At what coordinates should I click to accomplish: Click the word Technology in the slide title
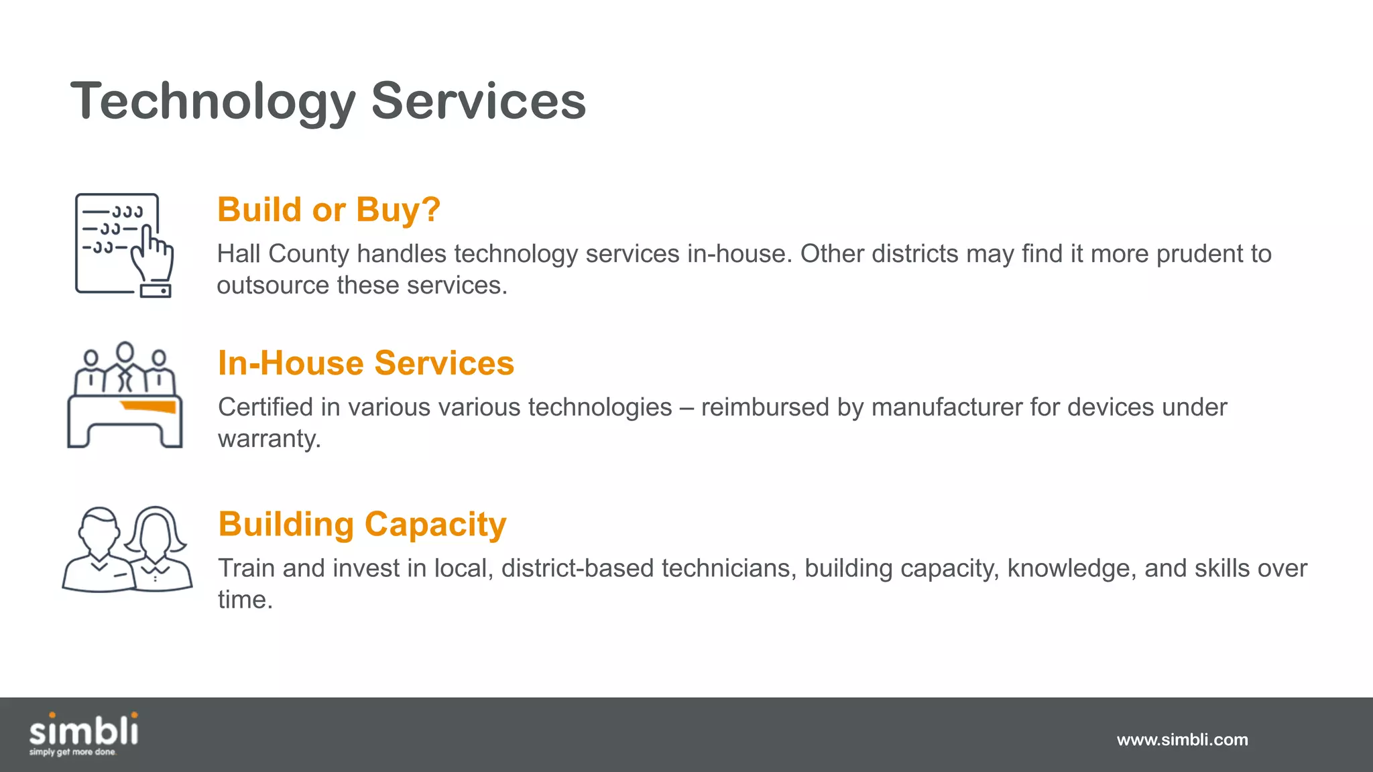(213, 102)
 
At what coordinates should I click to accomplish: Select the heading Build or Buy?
(329, 210)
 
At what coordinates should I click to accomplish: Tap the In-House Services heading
(365, 363)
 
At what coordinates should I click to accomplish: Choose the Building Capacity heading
(362, 524)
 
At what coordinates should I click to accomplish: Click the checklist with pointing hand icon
(123, 245)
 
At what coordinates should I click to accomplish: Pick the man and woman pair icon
(127, 550)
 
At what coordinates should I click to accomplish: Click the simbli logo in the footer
(84, 730)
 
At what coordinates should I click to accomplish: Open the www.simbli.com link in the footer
(1182, 740)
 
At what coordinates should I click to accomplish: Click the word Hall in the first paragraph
(239, 254)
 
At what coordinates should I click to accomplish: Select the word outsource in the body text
(273, 285)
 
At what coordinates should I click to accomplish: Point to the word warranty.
(269, 439)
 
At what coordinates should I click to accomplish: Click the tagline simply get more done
(72, 753)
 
